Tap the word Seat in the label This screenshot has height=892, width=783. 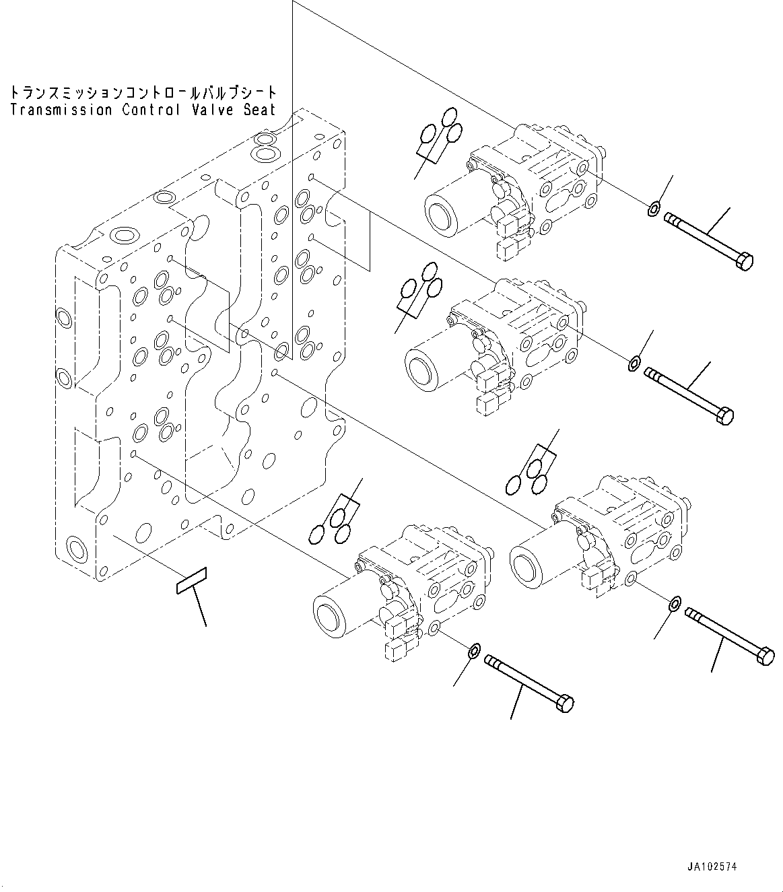(260, 110)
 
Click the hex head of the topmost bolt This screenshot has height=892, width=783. (745, 261)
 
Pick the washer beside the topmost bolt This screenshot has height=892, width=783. (652, 210)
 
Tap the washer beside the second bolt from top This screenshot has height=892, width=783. (634, 365)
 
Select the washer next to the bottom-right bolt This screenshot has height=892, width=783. (674, 604)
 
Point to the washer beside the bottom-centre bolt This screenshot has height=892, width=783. (474, 651)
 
